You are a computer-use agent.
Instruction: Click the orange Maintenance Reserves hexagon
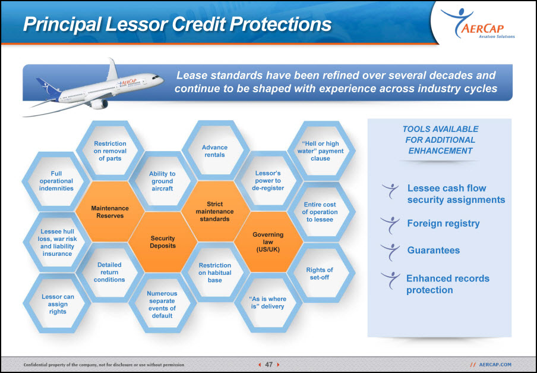[x=110, y=212]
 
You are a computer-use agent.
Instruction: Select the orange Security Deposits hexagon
[x=163, y=242]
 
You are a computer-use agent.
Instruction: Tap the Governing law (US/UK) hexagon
[x=268, y=242]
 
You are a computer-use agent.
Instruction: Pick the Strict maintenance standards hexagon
[x=215, y=212]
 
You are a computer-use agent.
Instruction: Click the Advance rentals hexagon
[x=215, y=151]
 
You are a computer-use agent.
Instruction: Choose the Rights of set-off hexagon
[x=320, y=273]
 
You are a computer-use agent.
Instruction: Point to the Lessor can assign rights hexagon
[x=57, y=304]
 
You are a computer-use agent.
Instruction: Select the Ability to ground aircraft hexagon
[x=163, y=181]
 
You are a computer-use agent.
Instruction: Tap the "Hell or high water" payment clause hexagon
[x=321, y=151]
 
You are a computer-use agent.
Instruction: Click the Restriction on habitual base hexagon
[x=215, y=272]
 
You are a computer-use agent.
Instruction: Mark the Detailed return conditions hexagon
[x=109, y=272]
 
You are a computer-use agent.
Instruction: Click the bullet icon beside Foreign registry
[x=390, y=224]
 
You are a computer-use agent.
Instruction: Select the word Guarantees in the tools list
[x=433, y=250]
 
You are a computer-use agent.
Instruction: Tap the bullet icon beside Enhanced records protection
[x=390, y=280]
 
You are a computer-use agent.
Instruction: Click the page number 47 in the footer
[x=269, y=365]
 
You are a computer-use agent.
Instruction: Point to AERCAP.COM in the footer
[x=495, y=365]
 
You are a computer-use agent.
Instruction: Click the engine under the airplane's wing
[x=99, y=104]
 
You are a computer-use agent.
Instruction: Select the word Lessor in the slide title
[x=137, y=24]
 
